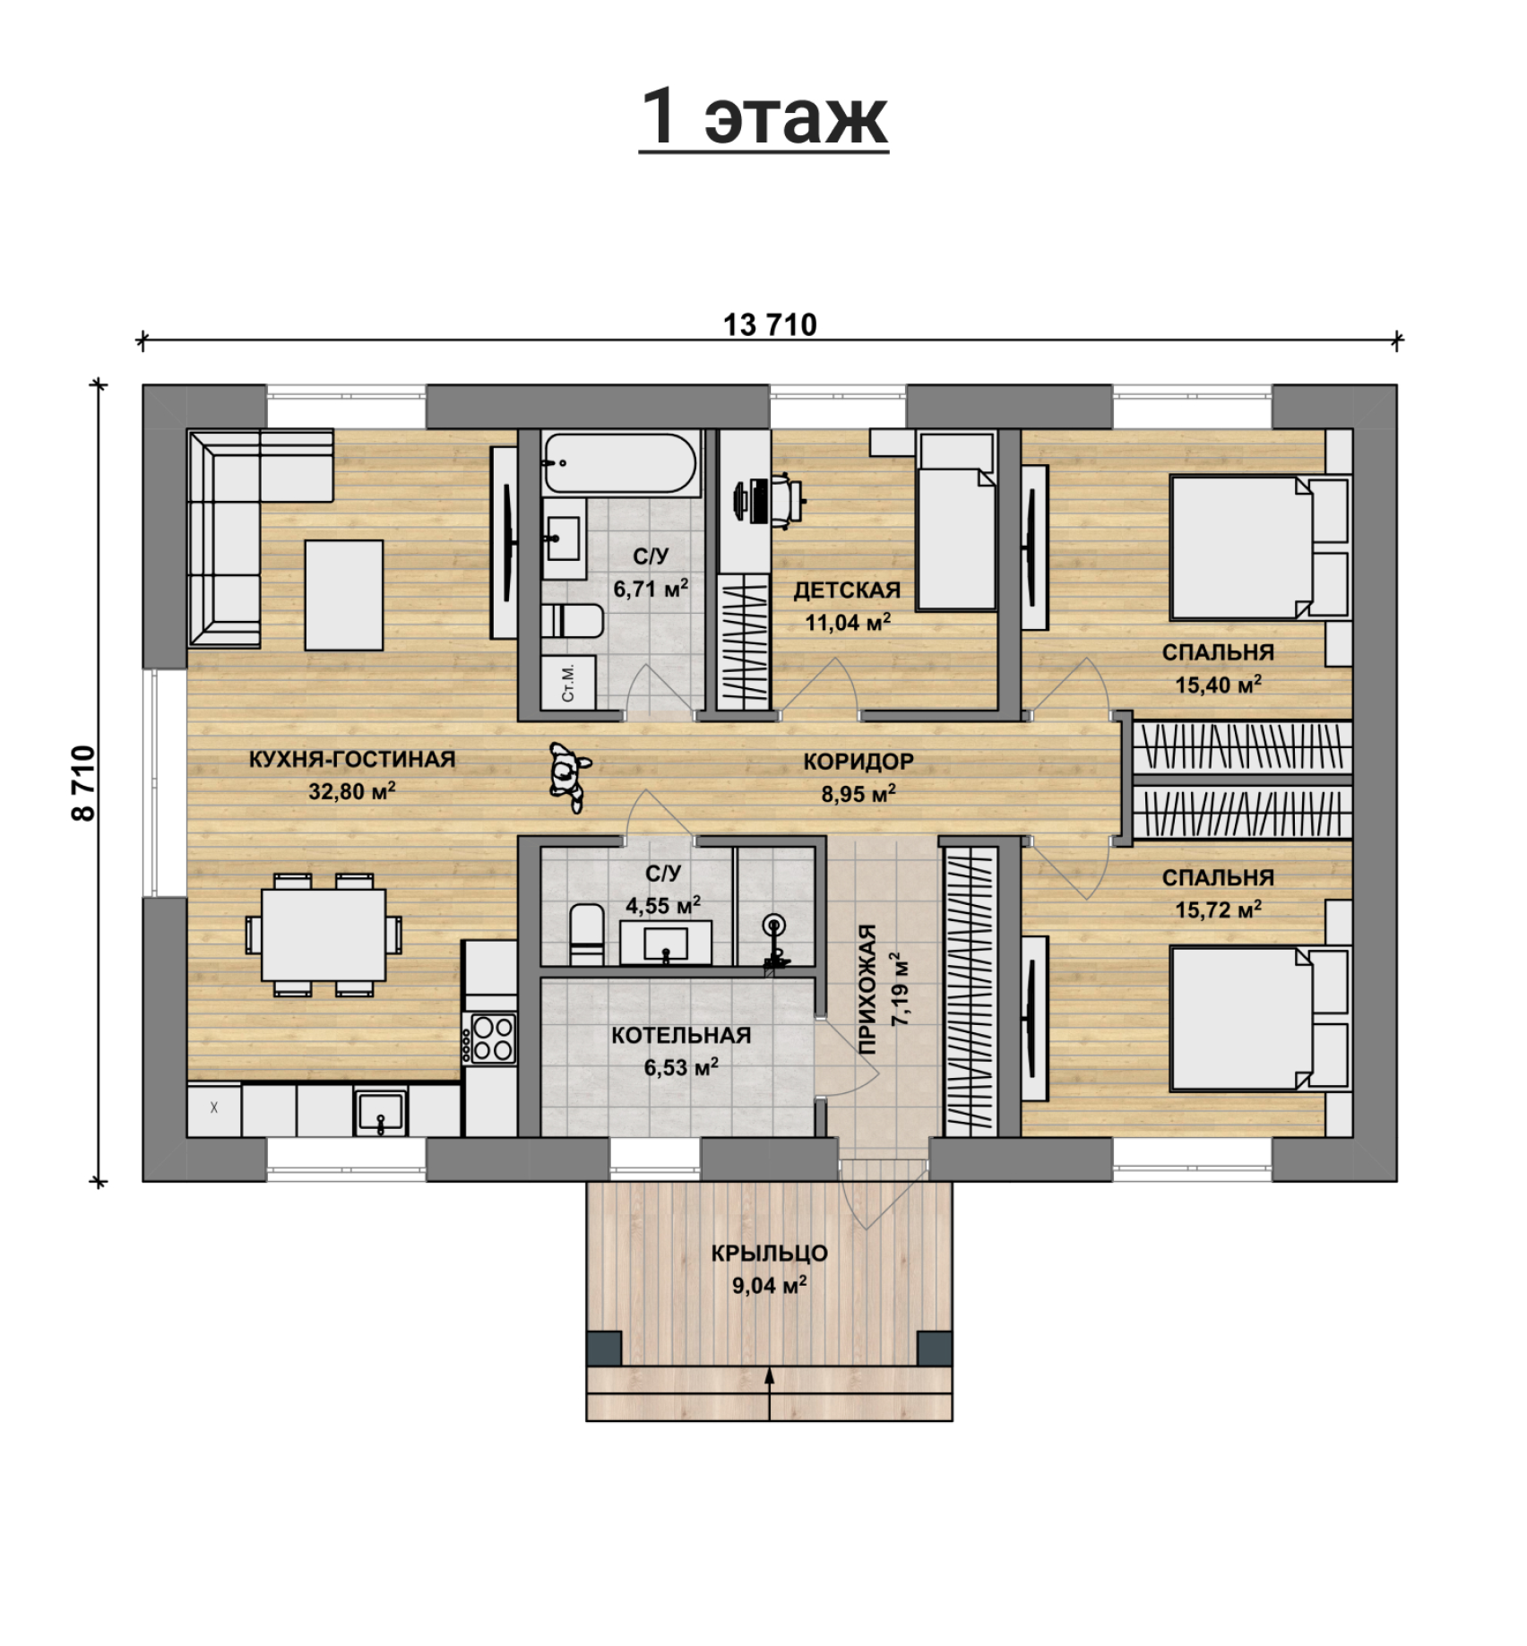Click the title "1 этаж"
[x=763, y=116]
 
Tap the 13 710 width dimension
[x=770, y=324]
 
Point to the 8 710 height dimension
[x=82, y=783]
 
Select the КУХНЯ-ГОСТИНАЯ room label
[x=352, y=759]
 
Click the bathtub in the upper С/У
[x=620, y=463]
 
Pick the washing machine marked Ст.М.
[x=568, y=682]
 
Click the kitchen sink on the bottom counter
[x=381, y=1112]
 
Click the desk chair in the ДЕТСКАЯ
[x=788, y=500]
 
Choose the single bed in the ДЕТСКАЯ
[x=956, y=520]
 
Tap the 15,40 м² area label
[x=1218, y=685]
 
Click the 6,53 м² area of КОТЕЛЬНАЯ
[x=681, y=1067]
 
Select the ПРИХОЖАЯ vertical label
[x=867, y=990]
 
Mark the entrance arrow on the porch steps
[x=769, y=1395]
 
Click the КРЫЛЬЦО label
[x=769, y=1253]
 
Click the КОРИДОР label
[x=858, y=762]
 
